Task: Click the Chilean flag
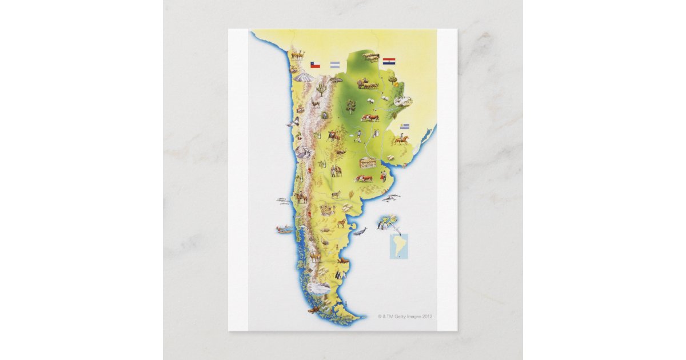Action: click(x=314, y=65)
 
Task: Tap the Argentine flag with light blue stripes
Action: click(x=335, y=65)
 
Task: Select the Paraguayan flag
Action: click(x=389, y=61)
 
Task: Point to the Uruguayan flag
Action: click(x=405, y=126)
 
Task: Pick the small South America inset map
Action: click(x=398, y=246)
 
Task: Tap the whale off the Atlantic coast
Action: click(x=360, y=231)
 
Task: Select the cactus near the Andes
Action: click(x=322, y=89)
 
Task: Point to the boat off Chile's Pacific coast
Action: click(x=283, y=230)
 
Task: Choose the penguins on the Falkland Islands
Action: click(x=381, y=226)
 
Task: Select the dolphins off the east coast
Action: click(x=392, y=198)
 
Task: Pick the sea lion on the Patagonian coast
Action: click(x=344, y=261)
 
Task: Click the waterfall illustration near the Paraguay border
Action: click(x=403, y=102)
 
